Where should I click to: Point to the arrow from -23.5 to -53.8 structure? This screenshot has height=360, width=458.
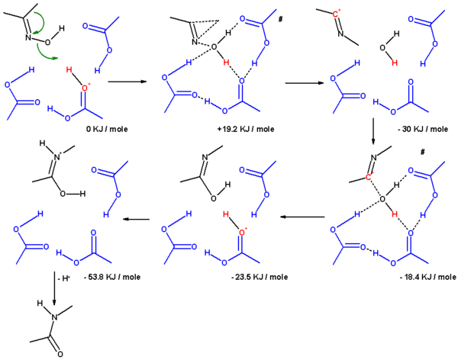[x=135, y=220]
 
